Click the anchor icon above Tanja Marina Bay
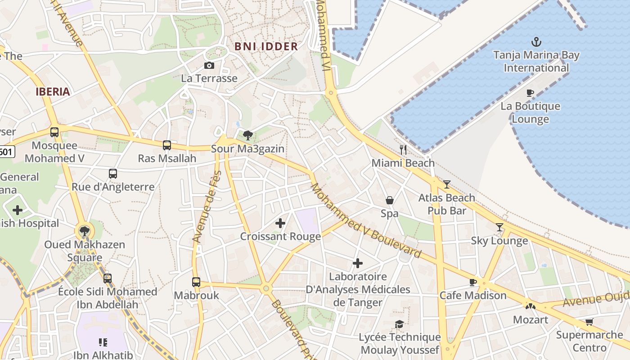pos(536,42)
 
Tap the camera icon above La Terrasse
pos(209,66)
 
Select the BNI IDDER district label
pos(266,46)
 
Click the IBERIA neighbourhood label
pos(53,92)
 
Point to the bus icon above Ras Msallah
pos(167,145)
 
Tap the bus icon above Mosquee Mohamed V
pos(54,132)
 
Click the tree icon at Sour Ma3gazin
pos(247,135)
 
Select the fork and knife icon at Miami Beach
pos(403,150)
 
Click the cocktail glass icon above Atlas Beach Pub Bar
pos(446,184)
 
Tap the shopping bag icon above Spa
pos(390,200)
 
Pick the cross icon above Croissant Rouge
pos(280,223)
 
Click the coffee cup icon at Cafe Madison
pos(473,282)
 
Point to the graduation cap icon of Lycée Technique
pos(399,324)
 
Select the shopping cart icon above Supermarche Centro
pos(589,322)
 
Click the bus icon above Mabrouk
pos(196,282)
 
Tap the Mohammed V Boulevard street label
pos(366,221)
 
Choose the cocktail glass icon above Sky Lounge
pos(499,227)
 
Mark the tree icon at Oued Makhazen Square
pos(84,231)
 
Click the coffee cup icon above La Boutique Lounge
pos(530,93)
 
